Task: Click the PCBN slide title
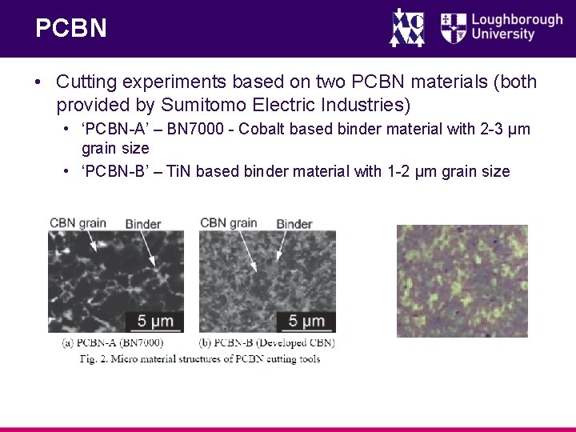70,29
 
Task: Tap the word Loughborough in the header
517,18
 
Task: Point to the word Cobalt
277,130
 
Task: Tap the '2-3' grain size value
492,130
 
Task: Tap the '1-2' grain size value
399,171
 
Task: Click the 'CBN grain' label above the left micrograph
78,222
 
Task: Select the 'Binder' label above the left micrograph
143,224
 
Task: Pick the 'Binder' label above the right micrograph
294,224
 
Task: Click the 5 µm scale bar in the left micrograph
154,322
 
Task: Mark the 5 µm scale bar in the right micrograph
306,322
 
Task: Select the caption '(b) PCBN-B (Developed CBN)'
266,343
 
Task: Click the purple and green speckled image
461,281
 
